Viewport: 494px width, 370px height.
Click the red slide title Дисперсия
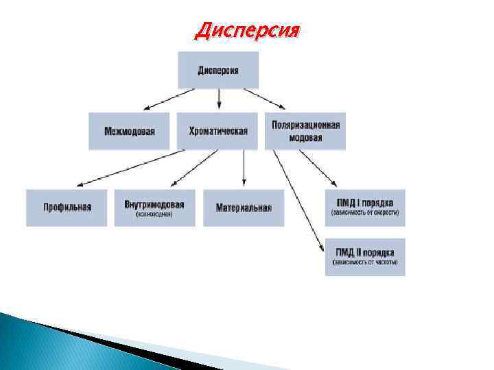pyautogui.click(x=248, y=31)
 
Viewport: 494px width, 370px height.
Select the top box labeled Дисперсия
pyautogui.click(x=218, y=70)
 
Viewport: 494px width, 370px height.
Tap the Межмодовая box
pyautogui.click(x=129, y=131)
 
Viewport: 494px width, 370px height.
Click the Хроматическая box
pyautogui.click(x=217, y=131)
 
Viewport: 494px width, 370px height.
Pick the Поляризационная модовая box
pyautogui.click(x=305, y=131)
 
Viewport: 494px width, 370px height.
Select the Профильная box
pyautogui.click(x=67, y=208)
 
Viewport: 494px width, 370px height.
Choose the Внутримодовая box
pyautogui.click(x=154, y=208)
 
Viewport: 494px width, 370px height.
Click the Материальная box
pyautogui.click(x=244, y=208)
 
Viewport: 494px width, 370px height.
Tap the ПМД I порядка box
pyautogui.click(x=365, y=208)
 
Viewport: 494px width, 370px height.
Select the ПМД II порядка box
pyautogui.click(x=365, y=257)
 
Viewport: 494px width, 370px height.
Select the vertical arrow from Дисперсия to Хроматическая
pyautogui.click(x=219, y=100)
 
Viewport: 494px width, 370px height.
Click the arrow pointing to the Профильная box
pyautogui.click(x=130, y=169)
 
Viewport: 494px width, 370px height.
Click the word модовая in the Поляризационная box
pyautogui.click(x=306, y=137)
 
